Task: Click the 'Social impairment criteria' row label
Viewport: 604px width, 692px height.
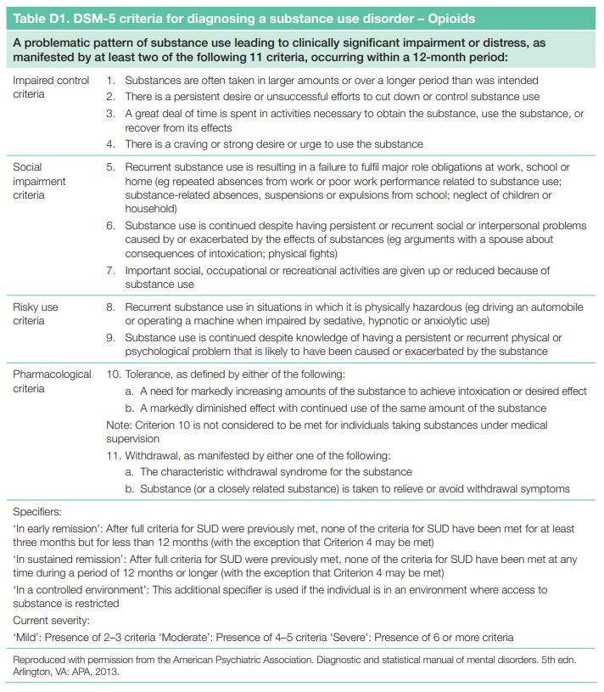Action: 40,181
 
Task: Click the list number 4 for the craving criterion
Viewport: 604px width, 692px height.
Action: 110,144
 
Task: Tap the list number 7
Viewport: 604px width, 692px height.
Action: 110,271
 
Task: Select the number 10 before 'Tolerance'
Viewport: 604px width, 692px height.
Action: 113,374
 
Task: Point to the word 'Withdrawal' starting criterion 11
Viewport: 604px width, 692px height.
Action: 154,455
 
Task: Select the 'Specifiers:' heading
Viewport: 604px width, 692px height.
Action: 38,512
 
